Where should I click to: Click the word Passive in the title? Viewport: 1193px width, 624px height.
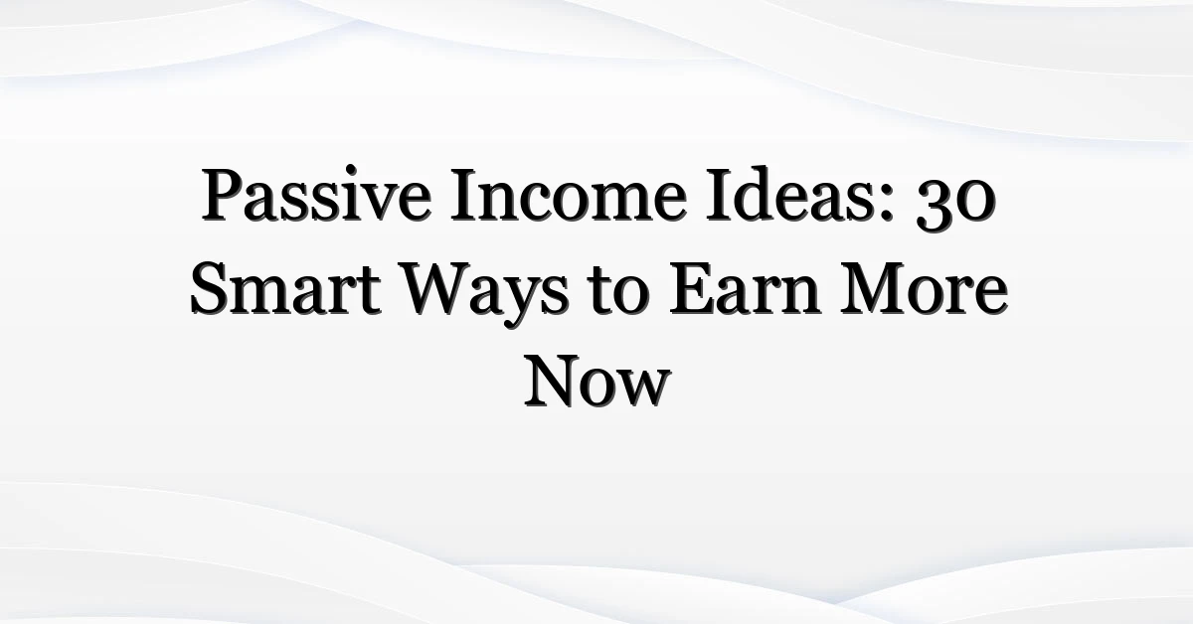316,195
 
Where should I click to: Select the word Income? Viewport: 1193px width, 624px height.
568,195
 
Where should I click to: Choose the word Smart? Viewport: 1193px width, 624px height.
285,288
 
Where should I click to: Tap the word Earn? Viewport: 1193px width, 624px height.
744,288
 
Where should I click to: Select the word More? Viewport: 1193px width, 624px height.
924,288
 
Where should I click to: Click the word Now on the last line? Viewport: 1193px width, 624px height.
597,382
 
